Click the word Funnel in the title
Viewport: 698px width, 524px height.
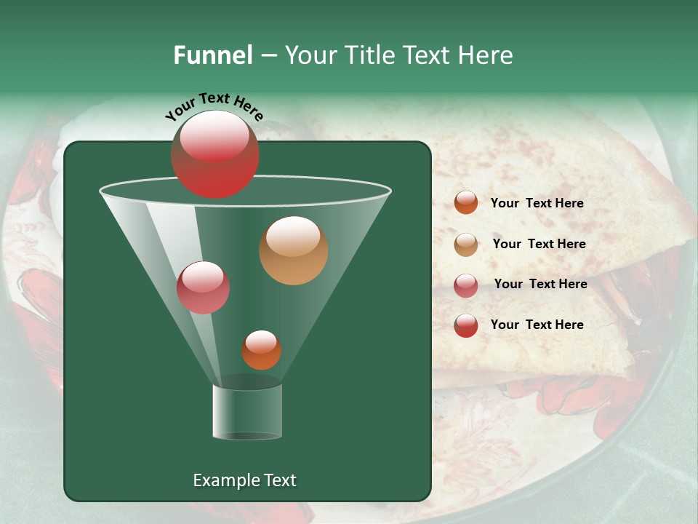(x=212, y=55)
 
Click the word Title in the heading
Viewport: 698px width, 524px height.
(x=366, y=55)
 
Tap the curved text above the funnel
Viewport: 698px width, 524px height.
(x=214, y=106)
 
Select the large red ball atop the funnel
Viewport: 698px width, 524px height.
(x=214, y=154)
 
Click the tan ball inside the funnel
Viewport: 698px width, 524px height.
(x=293, y=250)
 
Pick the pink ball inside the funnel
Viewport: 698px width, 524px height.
(x=203, y=287)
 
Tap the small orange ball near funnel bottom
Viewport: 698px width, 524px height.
(x=261, y=349)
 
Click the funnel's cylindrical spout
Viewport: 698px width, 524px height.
(x=247, y=411)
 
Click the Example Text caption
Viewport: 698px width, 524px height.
(x=244, y=480)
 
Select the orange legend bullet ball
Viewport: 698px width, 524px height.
(x=466, y=202)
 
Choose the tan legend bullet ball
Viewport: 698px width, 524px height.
(x=466, y=245)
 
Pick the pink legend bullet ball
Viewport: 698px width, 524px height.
(x=466, y=285)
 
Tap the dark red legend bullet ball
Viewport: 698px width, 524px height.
(x=466, y=325)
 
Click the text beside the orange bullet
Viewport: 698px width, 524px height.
(x=537, y=203)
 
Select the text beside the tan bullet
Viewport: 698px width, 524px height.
(x=539, y=244)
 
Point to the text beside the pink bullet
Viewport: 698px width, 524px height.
(x=540, y=284)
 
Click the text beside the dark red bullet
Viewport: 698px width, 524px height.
(x=537, y=325)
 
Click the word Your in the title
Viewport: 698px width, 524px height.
(x=308, y=55)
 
